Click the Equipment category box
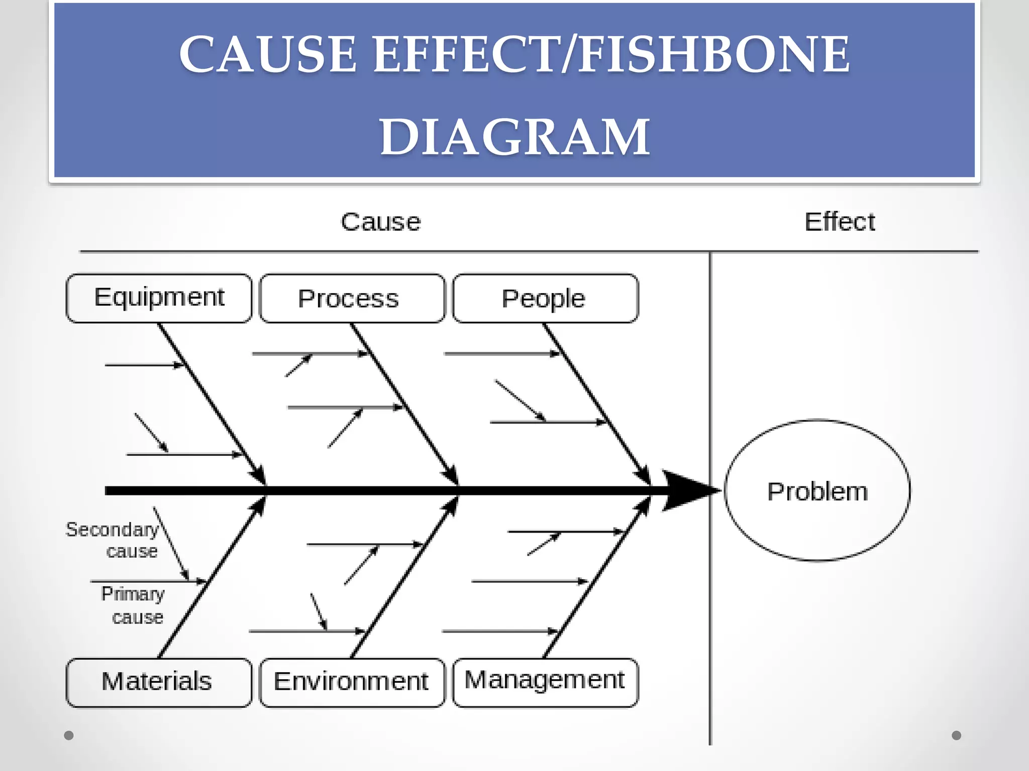(x=159, y=298)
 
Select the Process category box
(x=352, y=298)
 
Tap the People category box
(x=545, y=298)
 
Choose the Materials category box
(x=159, y=682)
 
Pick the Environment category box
(x=352, y=682)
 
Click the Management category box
(x=545, y=682)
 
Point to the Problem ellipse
(x=817, y=490)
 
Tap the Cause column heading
(x=380, y=222)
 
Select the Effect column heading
(x=840, y=222)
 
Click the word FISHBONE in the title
(x=713, y=54)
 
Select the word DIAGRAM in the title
(x=514, y=137)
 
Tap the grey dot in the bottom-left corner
(x=69, y=735)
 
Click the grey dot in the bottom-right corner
(x=957, y=735)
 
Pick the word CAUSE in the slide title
(x=268, y=54)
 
